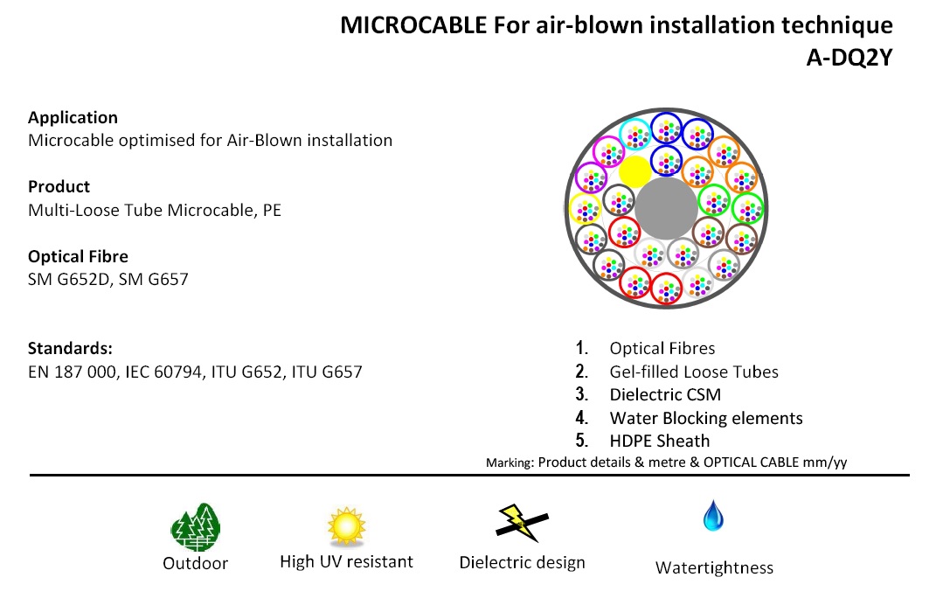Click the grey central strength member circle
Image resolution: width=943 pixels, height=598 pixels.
coord(666,208)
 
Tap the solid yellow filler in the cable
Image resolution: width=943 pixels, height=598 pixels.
coord(635,171)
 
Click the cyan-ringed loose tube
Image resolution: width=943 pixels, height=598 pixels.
coord(635,136)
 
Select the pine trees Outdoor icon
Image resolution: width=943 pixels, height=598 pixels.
coord(196,527)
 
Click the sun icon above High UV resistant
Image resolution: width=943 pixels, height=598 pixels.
coord(346,526)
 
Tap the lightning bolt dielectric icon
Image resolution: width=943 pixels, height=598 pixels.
coord(521,523)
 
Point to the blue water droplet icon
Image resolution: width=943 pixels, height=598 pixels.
coord(713,516)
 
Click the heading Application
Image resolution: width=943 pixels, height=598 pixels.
coord(73,117)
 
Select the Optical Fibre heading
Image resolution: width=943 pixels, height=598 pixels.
coord(78,256)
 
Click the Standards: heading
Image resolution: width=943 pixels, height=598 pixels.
coord(70,348)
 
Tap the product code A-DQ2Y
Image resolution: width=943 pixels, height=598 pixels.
coord(849,58)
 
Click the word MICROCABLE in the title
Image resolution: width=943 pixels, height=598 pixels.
coord(413,25)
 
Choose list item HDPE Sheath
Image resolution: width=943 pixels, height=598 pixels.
coord(660,441)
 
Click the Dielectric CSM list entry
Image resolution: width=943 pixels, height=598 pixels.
coord(665,394)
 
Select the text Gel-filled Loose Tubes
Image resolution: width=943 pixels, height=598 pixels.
coord(694,372)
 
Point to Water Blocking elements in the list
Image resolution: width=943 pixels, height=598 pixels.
coord(706,418)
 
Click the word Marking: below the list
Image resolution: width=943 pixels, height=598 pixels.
coord(510,462)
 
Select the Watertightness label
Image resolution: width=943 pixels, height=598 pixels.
coord(714,568)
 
